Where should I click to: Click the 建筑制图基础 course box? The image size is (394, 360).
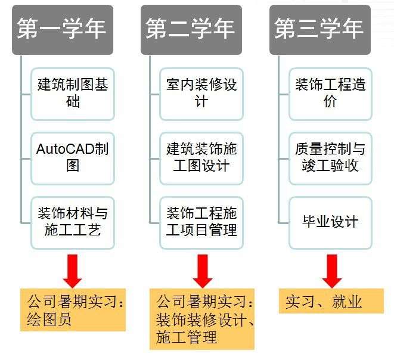[x=73, y=93]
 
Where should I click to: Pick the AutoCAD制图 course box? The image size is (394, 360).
[x=73, y=158]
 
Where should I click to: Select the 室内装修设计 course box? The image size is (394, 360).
[x=201, y=93]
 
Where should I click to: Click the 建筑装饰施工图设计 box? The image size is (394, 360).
[x=201, y=158]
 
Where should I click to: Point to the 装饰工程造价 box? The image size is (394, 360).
[x=330, y=93]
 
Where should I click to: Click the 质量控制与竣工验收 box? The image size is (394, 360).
[x=330, y=158]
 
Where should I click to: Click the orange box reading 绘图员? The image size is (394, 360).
[x=73, y=311]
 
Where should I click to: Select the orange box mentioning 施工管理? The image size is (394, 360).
[x=201, y=319]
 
